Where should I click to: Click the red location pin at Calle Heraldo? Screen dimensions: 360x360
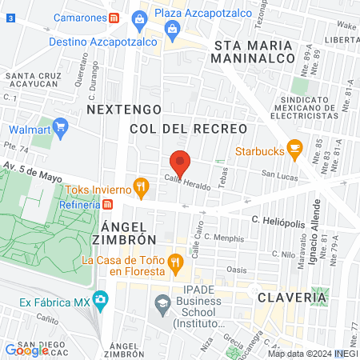(x=180, y=162)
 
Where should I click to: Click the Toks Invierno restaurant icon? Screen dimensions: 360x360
(x=141, y=188)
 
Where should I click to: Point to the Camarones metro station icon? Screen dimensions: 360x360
(x=115, y=17)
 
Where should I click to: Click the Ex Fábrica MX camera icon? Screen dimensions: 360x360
(x=100, y=302)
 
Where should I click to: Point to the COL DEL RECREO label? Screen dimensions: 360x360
(x=188, y=128)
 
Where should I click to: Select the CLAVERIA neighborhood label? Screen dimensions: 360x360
(x=292, y=297)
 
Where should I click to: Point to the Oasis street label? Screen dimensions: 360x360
(x=237, y=270)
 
